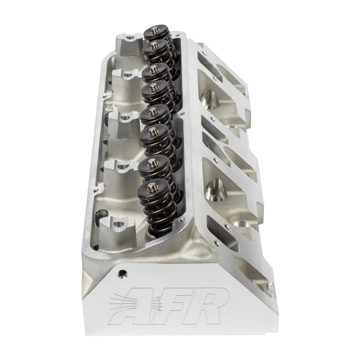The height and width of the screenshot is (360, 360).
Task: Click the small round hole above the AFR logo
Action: point(120,273)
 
